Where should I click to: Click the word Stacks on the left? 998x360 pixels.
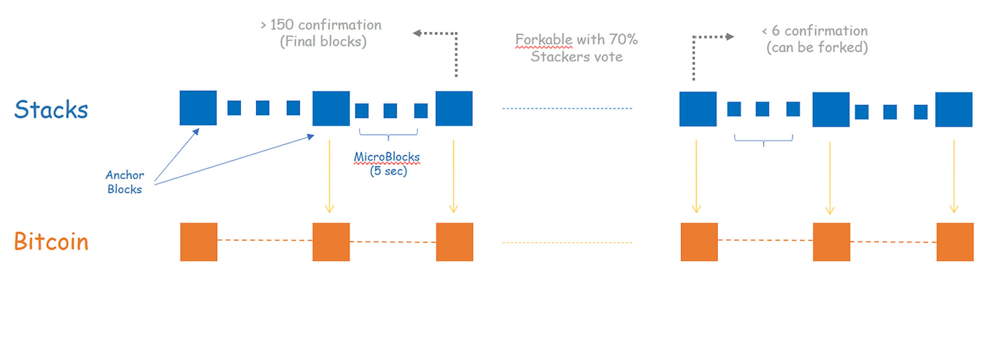click(51, 109)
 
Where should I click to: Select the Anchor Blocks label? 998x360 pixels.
click(125, 182)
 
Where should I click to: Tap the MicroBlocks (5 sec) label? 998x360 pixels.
click(387, 163)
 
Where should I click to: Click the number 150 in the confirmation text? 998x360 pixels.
click(282, 25)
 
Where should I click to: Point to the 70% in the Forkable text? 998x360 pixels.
click(623, 39)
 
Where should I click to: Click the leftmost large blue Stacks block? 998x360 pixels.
click(198, 108)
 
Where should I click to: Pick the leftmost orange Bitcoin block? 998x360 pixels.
click(199, 241)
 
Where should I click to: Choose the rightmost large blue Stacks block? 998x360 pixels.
click(954, 109)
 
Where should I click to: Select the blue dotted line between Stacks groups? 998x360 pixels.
click(567, 108)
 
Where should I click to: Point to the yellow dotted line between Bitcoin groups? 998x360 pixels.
click(567, 242)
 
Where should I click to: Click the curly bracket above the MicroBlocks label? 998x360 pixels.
click(388, 134)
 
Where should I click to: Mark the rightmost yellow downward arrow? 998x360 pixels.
click(954, 176)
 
